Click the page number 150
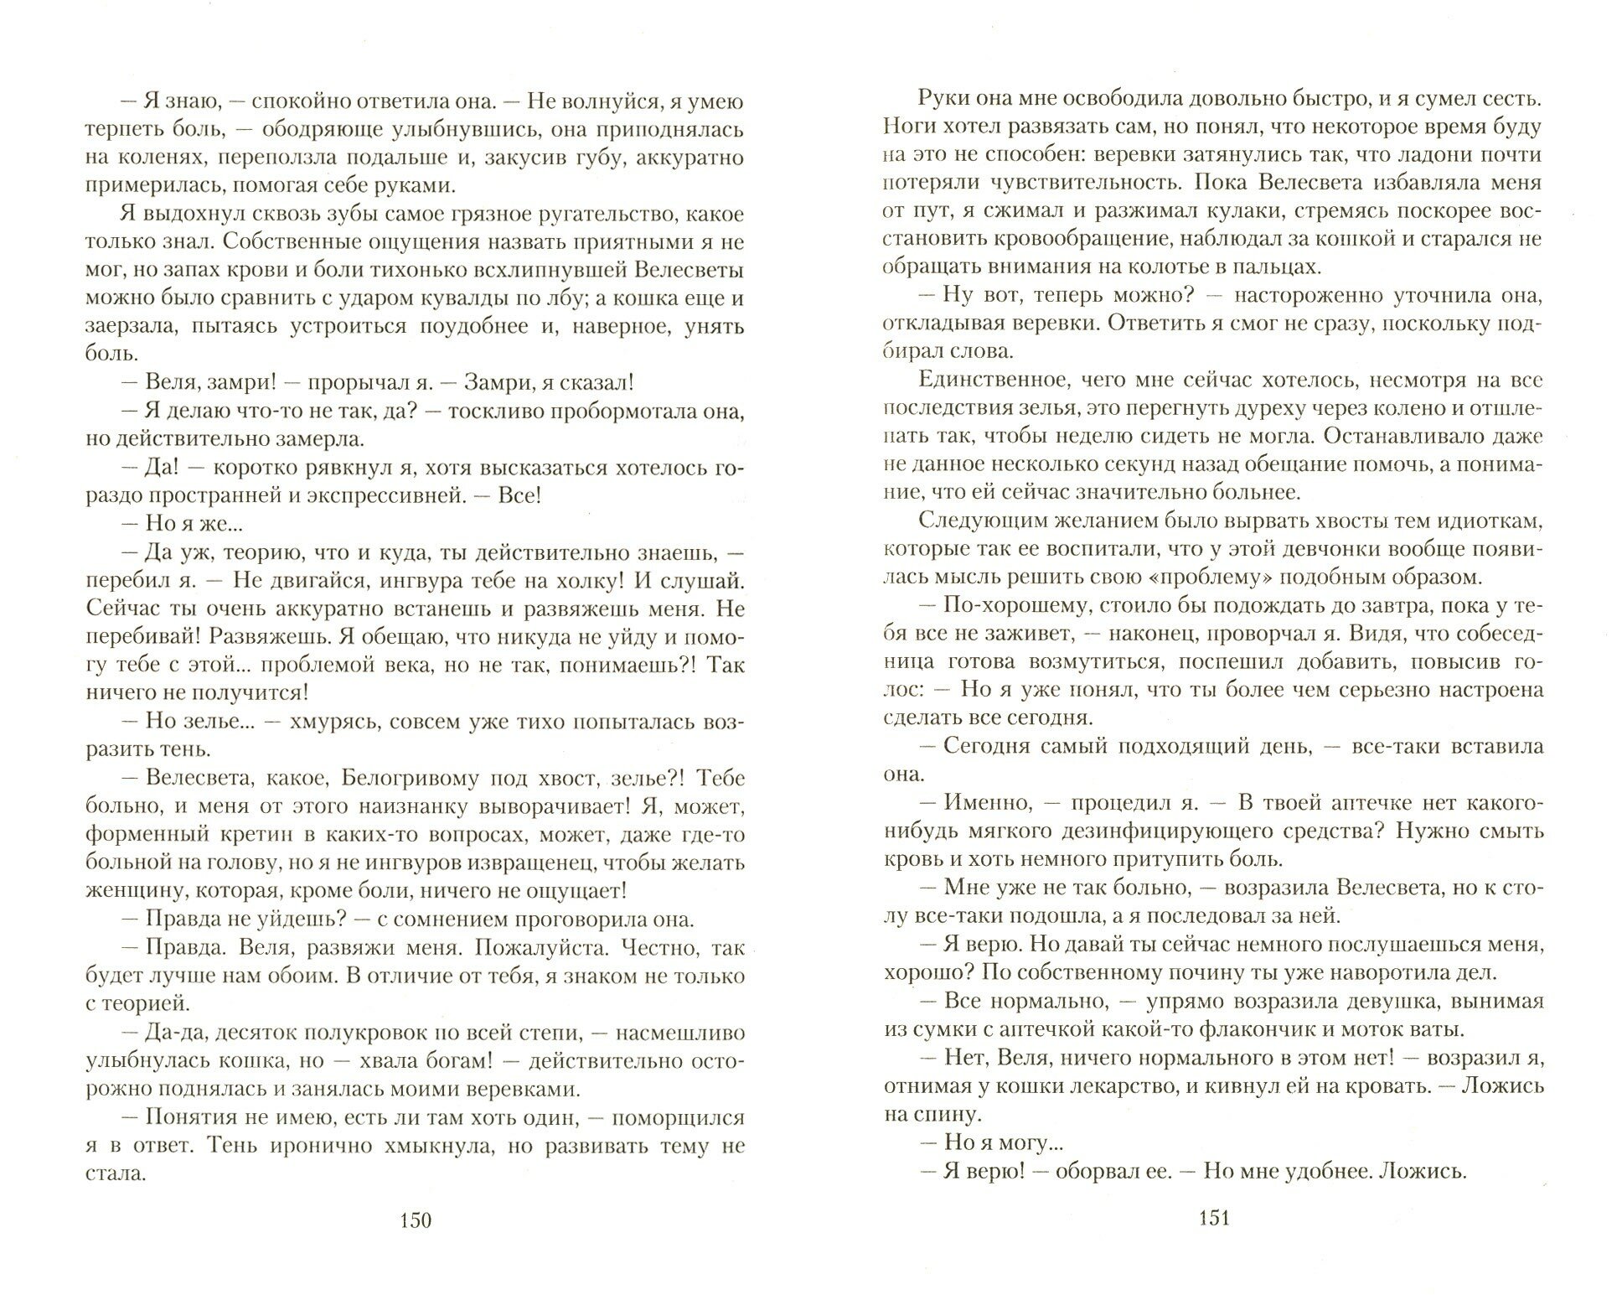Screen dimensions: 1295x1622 tap(416, 1220)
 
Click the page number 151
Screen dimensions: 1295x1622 tap(1214, 1219)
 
